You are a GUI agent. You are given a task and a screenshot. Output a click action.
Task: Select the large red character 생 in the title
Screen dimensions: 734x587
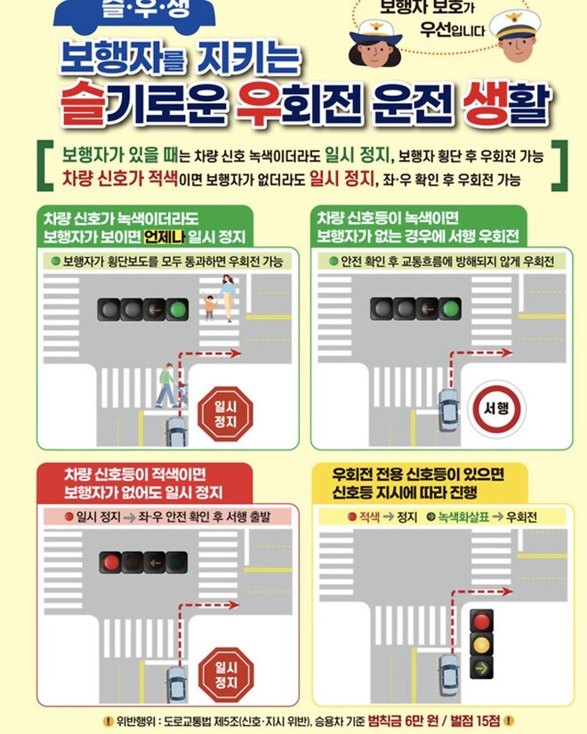tap(489, 105)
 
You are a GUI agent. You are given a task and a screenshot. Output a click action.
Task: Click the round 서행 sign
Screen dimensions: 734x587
tap(495, 410)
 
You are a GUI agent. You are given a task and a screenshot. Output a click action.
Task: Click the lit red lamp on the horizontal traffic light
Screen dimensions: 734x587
tap(109, 562)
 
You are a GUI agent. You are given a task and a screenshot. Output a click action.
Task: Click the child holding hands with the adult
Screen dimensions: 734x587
tap(210, 307)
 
